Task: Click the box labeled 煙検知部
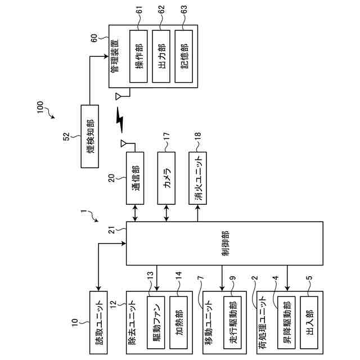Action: coord(90,136)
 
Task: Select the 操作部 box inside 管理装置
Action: coord(138,56)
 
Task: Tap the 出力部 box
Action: coord(161,56)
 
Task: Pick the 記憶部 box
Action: coord(184,56)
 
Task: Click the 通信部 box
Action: coord(135,178)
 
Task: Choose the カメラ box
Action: coord(166,178)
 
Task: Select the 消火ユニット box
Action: coord(197,178)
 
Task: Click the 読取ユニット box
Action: coord(98,322)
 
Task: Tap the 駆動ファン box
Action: coord(156,322)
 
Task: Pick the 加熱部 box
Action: coord(178,322)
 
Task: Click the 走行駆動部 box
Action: coord(232,322)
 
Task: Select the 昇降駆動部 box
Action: coord(286,322)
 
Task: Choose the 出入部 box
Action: coord(309,322)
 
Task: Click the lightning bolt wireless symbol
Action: coord(120,120)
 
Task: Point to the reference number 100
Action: coord(40,107)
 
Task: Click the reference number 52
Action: coord(66,137)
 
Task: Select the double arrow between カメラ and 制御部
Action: coord(166,213)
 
